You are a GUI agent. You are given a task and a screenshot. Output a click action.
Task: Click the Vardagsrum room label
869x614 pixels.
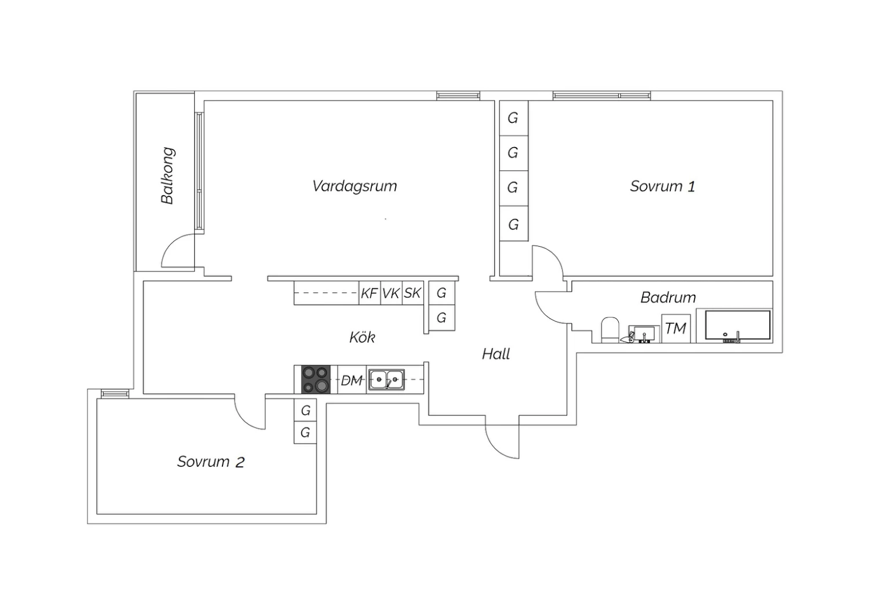point(355,186)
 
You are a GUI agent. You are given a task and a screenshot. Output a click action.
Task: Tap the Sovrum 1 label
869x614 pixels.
point(662,186)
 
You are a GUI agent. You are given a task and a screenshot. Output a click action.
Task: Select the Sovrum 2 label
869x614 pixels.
point(210,462)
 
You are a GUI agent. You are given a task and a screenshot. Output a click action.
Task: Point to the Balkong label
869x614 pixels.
point(167,176)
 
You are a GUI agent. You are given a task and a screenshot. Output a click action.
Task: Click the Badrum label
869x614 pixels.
point(668,298)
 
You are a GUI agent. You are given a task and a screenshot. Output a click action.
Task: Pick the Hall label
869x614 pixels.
point(496,354)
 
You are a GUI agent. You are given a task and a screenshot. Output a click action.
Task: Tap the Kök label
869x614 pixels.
point(362,337)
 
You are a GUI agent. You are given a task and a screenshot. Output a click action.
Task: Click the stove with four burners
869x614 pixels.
point(316,380)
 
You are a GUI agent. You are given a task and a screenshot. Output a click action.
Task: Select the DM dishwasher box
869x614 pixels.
point(351,381)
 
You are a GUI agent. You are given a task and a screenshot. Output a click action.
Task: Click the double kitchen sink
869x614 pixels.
point(387,380)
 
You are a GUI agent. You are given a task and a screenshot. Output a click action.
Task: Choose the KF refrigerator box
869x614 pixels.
point(369,293)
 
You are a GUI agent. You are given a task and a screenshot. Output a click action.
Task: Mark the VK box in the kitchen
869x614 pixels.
point(391,293)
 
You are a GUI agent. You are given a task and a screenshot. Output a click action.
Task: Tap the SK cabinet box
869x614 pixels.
point(412,293)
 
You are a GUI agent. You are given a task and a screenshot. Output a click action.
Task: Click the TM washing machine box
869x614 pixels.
point(676,328)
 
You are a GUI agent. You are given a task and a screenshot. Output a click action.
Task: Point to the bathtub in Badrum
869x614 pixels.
point(737,325)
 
